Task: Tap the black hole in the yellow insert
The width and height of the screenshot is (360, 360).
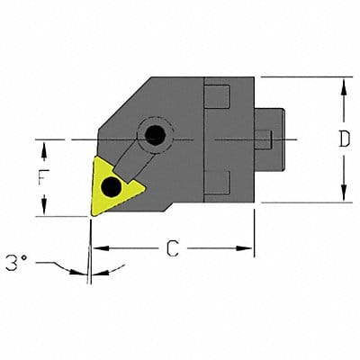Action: [x=111, y=187]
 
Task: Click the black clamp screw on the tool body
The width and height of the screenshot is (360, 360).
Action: [x=157, y=135]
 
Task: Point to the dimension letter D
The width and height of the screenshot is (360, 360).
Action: [x=344, y=139]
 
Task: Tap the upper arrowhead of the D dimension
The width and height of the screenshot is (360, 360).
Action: [x=344, y=84]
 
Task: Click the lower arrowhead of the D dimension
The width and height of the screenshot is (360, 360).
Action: [x=344, y=196]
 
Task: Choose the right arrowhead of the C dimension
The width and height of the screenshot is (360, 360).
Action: [x=249, y=247]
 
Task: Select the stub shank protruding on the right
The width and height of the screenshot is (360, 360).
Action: [x=273, y=139]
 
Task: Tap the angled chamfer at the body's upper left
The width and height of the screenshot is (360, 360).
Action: [x=121, y=103]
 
